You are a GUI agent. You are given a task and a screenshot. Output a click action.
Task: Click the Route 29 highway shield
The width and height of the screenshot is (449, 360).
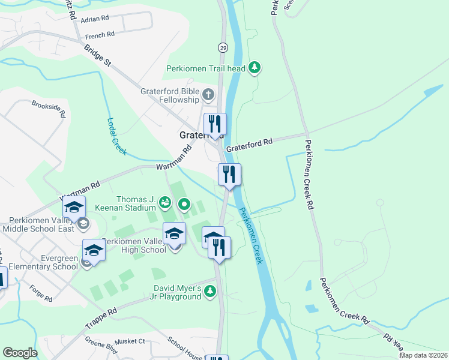tap(223, 47)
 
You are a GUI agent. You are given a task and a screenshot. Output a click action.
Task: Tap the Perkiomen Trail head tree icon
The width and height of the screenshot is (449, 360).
tap(255, 68)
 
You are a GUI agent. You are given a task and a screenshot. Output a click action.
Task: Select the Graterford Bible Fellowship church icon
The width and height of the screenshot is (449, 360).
tap(208, 95)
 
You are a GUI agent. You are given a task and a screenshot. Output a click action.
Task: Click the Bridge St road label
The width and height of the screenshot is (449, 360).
tap(98, 54)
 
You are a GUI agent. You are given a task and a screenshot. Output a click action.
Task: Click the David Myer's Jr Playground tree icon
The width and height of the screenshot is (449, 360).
tap(209, 292)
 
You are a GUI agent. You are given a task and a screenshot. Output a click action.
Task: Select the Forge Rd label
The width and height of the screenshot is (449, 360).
tap(40, 293)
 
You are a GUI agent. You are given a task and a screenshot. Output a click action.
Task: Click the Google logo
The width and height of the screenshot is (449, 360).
tap(20, 353)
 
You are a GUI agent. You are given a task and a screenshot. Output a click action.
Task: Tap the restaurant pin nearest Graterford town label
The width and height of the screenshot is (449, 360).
tap(215, 125)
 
